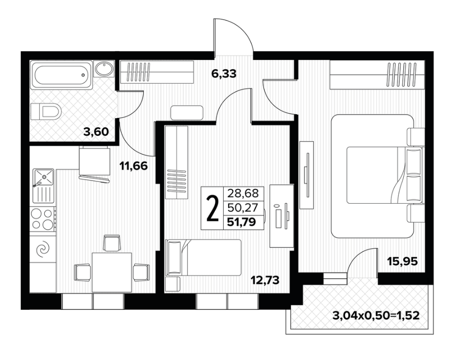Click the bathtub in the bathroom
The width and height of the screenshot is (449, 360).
point(62,74)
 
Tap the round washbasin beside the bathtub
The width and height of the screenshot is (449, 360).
point(104,69)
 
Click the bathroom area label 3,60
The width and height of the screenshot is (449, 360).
point(96,132)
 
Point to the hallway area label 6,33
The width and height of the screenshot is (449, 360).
point(224,74)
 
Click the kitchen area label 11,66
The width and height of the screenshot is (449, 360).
point(134,166)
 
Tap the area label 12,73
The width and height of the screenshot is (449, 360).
point(265,280)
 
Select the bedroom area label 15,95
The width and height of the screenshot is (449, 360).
point(402,261)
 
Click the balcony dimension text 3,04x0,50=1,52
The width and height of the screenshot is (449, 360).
point(376,316)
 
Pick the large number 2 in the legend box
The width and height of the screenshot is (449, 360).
point(212,209)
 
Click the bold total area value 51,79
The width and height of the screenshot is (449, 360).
point(241,222)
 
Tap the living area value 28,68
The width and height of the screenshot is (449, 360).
point(243,193)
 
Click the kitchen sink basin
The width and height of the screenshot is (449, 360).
point(44,177)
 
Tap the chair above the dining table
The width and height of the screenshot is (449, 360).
point(112,243)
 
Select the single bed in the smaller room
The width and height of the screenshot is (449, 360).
point(203,258)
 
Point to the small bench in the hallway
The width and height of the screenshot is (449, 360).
point(187,113)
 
